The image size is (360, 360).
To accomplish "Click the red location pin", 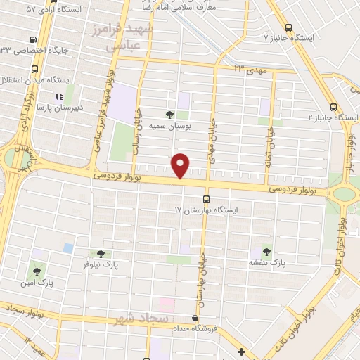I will pyautogui.click(x=181, y=165).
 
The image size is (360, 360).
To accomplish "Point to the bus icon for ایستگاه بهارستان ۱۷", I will pyautogui.click(x=206, y=198).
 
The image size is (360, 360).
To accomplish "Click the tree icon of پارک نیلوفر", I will pyautogui.click(x=100, y=253).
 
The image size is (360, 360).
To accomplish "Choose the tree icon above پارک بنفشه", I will pyautogui.click(x=266, y=250).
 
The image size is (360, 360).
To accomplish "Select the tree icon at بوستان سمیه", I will pyautogui.click(x=169, y=114).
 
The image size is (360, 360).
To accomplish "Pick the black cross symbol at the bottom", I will pyautogui.click(x=241, y=351).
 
